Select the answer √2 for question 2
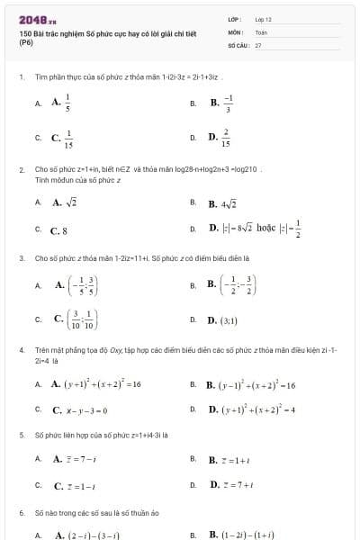(x=65, y=202)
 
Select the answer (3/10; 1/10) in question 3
(x=76, y=319)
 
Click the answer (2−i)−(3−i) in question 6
(x=86, y=534)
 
